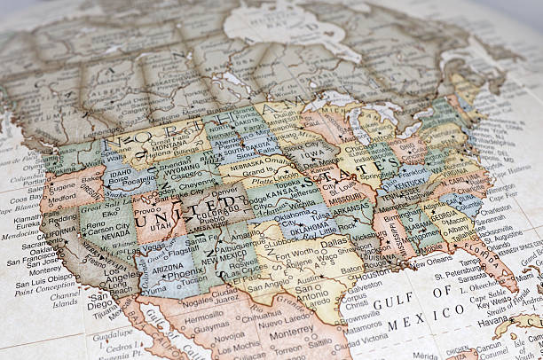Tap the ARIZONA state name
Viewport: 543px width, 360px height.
point(168,265)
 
